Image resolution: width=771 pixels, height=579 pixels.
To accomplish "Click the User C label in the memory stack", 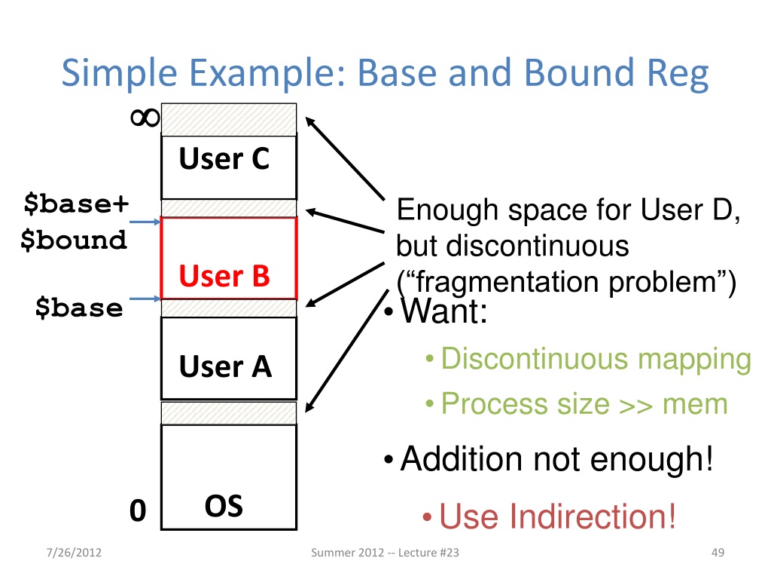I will pyautogui.click(x=224, y=159).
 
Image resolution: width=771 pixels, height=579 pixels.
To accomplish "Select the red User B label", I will pyautogui.click(x=224, y=277).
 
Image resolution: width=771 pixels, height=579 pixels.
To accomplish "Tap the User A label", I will pyautogui.click(x=225, y=367).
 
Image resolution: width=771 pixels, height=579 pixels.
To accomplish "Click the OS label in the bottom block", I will pyautogui.click(x=224, y=506).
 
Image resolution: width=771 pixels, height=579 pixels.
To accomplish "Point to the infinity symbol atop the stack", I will pyautogui.click(x=142, y=118).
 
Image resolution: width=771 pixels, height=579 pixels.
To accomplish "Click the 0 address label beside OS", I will pyautogui.click(x=137, y=511).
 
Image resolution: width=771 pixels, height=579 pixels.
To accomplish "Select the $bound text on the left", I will pyautogui.click(x=74, y=240).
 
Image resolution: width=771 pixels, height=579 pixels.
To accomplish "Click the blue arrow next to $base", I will pyautogui.click(x=143, y=299).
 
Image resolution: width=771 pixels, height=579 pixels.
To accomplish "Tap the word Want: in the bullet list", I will pyautogui.click(x=444, y=312).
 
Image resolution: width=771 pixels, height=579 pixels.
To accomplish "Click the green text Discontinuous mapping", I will pyautogui.click(x=596, y=359).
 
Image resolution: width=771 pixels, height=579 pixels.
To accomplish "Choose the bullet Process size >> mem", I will pyautogui.click(x=584, y=404).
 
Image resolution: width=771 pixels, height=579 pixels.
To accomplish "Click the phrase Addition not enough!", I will pyautogui.click(x=556, y=458).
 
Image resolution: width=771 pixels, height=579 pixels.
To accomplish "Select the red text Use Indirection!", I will pyautogui.click(x=557, y=517).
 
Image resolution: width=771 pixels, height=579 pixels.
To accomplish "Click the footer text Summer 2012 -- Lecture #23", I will pyautogui.click(x=385, y=554).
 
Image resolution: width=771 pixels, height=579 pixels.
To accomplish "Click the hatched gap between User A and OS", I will pyautogui.click(x=229, y=412).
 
